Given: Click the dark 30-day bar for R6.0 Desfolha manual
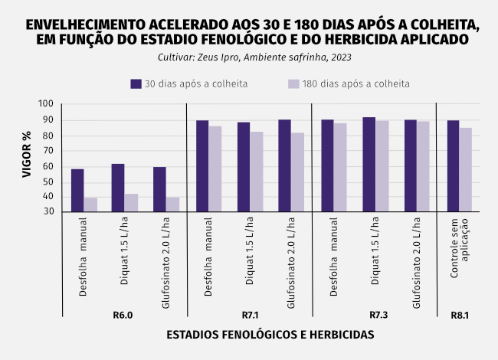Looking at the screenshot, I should coord(77,190).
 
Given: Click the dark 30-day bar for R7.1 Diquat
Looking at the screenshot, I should coord(244,167).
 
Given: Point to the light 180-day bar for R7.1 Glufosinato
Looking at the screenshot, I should coord(297,172).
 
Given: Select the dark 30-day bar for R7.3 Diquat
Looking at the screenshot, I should coord(369,165).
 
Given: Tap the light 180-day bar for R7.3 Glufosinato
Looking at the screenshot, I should coord(424,166).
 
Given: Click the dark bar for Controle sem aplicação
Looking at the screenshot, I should coord(453,166).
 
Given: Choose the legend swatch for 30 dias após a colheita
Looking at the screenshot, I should coord(136,83).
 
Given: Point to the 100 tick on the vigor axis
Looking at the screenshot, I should coord(46,104).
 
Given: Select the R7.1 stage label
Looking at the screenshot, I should coord(248,316).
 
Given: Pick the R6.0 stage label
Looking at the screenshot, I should coord(123,316).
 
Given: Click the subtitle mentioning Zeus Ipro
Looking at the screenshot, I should coord(249,57).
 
